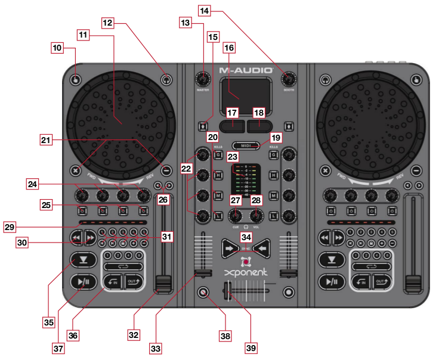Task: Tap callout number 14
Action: pyautogui.click(x=205, y=11)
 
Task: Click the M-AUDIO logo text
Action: pyautogui.click(x=246, y=70)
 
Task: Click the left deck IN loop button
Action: pyautogui.click(x=113, y=281)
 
